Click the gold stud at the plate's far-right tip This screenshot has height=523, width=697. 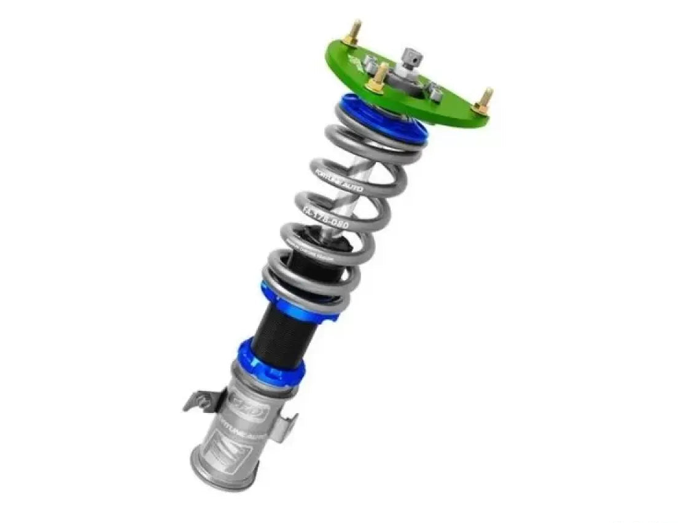point(485,100)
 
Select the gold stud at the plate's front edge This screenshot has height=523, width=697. point(379,79)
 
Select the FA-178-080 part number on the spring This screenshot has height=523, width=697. point(327,219)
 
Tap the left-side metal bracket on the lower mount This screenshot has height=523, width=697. point(200,401)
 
